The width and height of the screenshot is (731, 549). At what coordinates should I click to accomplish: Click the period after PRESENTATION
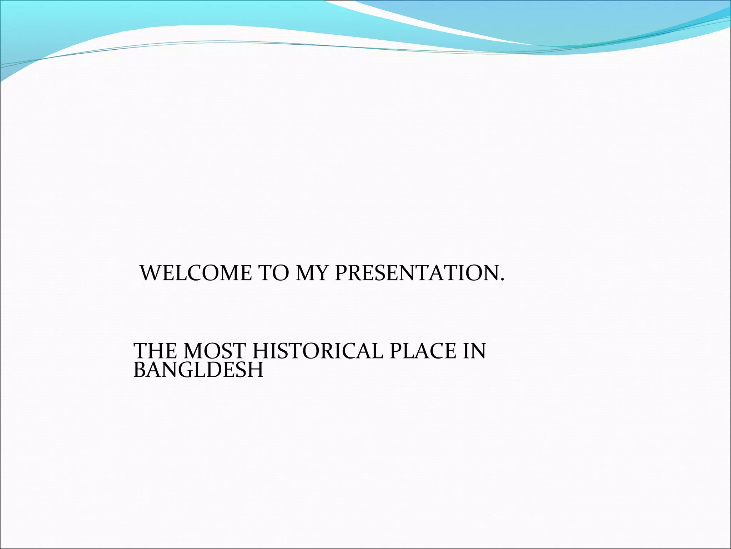coord(503,280)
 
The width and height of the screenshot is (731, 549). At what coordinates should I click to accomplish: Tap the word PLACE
coord(423,351)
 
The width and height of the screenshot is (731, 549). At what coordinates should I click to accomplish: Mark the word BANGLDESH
coord(198,370)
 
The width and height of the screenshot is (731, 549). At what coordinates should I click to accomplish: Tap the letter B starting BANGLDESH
coord(139,370)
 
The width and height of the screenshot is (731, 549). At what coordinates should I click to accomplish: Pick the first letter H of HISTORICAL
coord(262,351)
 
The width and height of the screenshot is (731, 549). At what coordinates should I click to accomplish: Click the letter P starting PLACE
coord(395,351)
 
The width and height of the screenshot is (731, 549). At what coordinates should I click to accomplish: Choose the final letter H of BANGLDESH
coord(255,370)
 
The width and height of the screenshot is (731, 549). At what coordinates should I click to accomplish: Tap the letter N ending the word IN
coord(478,351)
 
